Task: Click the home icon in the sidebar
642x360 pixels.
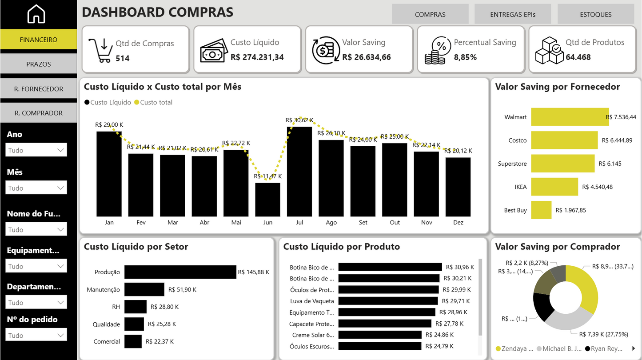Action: (36, 14)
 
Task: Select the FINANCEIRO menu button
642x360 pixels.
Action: (39, 40)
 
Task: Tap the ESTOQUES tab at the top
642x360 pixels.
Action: (595, 14)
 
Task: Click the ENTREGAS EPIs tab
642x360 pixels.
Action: (513, 14)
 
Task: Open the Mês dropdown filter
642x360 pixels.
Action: (36, 188)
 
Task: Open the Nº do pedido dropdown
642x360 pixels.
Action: (36, 335)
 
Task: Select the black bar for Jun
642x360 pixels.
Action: (267, 200)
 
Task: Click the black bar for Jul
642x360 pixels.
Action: (299, 171)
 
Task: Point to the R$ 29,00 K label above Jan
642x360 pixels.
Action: (109, 125)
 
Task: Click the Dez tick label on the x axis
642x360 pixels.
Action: (458, 222)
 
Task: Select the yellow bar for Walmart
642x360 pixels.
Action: (570, 117)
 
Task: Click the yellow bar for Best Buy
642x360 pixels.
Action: (541, 210)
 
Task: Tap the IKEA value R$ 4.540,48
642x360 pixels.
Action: (597, 187)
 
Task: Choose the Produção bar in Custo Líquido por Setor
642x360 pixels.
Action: (180, 272)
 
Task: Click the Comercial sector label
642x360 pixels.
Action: (107, 341)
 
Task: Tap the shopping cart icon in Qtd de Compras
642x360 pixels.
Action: (100, 50)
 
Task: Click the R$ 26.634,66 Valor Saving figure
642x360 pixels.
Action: (367, 57)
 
